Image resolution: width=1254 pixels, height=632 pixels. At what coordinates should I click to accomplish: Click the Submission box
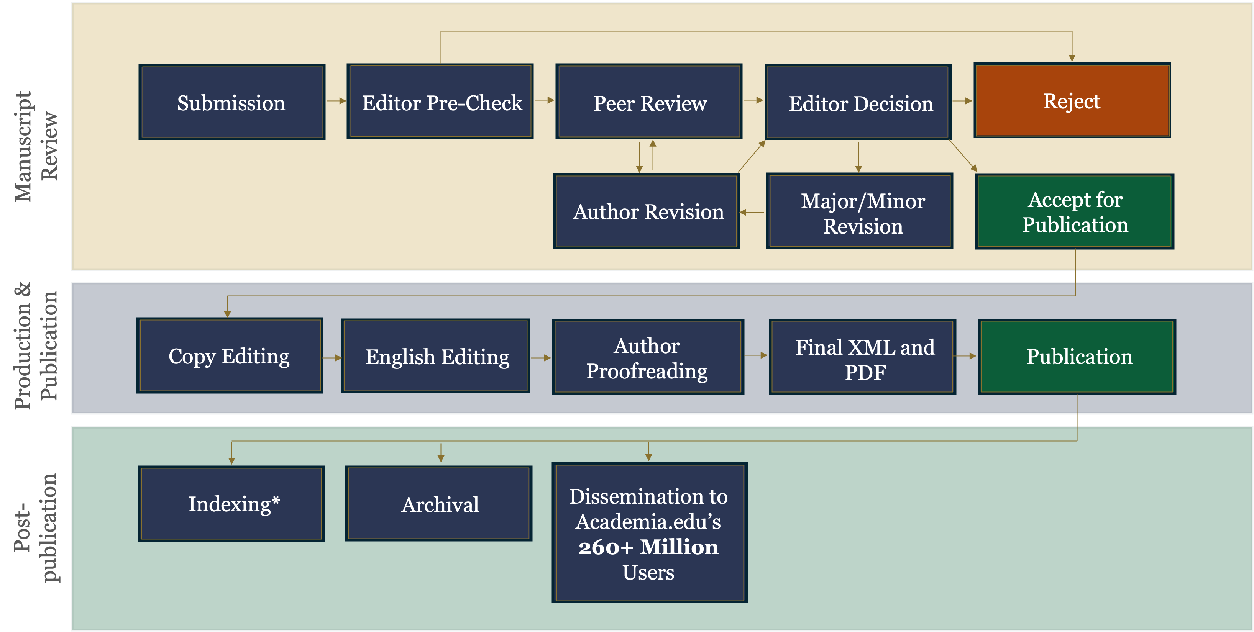[x=232, y=103]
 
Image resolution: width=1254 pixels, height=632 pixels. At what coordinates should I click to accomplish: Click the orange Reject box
[x=1072, y=101]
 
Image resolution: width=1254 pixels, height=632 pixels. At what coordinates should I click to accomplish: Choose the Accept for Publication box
[x=1075, y=212]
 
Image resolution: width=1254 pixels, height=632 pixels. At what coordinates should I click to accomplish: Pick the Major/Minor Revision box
[x=860, y=212]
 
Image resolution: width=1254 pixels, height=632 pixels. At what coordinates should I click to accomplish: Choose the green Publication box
[x=1077, y=357]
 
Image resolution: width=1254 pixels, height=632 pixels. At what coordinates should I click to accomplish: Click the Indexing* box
[x=232, y=504]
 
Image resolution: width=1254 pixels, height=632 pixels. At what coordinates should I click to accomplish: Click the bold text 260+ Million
[x=648, y=547]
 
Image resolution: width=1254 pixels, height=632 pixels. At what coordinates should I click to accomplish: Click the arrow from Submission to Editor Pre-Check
[x=336, y=101]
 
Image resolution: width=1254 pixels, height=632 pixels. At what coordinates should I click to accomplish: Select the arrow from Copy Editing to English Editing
[x=332, y=358]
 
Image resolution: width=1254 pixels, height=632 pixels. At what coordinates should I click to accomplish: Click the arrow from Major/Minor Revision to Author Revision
[x=752, y=212]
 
